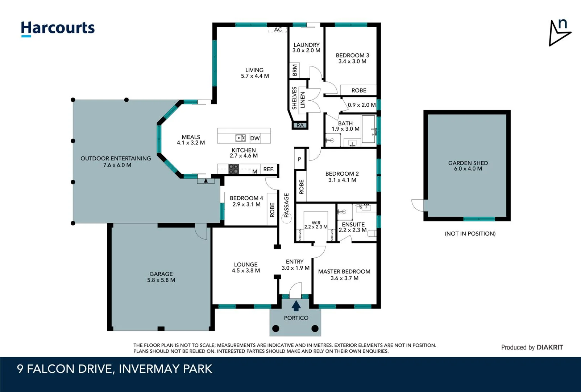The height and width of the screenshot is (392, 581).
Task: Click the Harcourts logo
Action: point(58,28)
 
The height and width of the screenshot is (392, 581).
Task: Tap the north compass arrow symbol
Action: point(559,33)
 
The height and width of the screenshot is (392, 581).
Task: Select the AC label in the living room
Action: point(278,29)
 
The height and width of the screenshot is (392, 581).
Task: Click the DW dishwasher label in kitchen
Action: point(255,138)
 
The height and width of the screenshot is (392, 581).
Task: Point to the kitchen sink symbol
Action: point(240,138)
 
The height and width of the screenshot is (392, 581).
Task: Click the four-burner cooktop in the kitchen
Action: point(233,169)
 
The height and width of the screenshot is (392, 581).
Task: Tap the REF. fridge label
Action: point(269,169)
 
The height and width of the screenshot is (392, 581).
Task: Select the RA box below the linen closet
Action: point(300,126)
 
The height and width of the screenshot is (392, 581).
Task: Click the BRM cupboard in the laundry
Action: point(295,70)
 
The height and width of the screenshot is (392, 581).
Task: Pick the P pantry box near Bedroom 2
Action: point(299,159)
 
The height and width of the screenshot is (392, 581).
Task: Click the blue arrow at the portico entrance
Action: point(296,306)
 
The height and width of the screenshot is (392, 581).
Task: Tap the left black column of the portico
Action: point(276,328)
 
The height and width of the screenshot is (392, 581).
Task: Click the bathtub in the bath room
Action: point(369,129)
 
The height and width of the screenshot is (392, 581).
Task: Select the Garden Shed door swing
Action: point(418,205)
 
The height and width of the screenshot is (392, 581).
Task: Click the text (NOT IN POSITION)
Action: point(470,234)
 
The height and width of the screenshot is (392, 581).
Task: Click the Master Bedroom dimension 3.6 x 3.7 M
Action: point(344,278)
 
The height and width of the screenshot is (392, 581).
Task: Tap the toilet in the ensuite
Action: point(372,233)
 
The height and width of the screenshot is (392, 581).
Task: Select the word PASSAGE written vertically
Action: point(286,205)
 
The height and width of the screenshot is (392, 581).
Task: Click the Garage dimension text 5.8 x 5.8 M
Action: point(161,280)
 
